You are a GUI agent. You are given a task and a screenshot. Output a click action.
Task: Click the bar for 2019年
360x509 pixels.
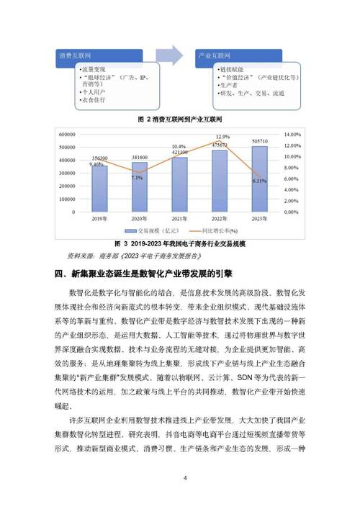tap(99, 189)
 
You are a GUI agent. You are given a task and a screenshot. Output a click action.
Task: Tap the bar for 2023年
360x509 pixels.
tap(258, 179)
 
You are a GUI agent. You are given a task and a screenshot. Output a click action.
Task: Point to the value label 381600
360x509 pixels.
tap(139, 157)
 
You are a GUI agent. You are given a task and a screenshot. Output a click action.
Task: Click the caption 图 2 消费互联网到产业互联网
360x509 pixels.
tap(178, 120)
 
